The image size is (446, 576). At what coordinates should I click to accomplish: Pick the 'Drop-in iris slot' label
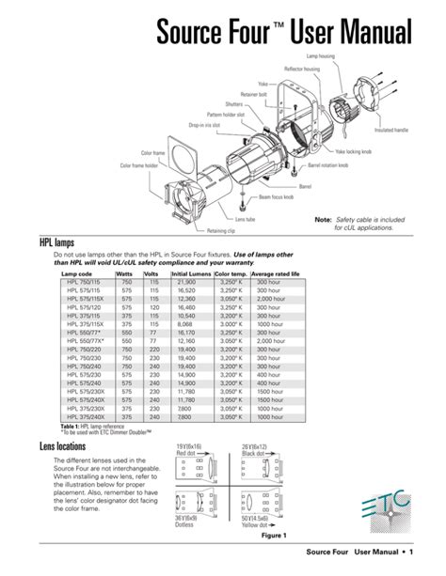[204, 124]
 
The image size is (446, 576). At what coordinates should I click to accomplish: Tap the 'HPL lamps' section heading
[58, 242]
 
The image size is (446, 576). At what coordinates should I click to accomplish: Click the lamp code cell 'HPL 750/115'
[85, 281]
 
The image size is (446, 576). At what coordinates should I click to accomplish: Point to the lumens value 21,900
[186, 281]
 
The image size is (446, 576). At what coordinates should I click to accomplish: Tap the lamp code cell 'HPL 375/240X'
[85, 416]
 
